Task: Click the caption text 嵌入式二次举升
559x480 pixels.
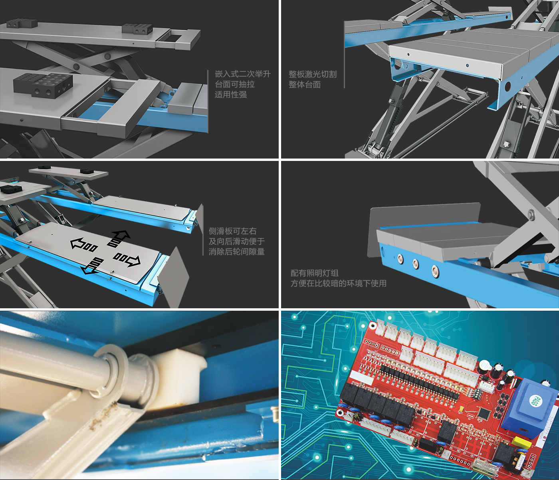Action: pyautogui.click(x=243, y=74)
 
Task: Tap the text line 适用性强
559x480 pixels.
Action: pyautogui.click(x=231, y=95)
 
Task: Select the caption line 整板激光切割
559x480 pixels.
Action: pyautogui.click(x=313, y=74)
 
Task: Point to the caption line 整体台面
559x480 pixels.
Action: pyautogui.click(x=305, y=84)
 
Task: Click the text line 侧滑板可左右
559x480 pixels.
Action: pyautogui.click(x=232, y=231)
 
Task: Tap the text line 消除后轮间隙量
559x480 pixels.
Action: pyautogui.click(x=236, y=252)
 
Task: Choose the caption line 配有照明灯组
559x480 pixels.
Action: pyautogui.click(x=315, y=273)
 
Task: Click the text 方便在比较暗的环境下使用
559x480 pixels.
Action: pyautogui.click(x=338, y=284)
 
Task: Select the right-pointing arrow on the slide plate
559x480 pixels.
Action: pyautogui.click(x=127, y=259)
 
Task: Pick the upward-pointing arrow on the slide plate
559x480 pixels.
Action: pyautogui.click(x=119, y=238)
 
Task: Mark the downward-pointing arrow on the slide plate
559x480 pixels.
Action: pyautogui.click(x=93, y=266)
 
